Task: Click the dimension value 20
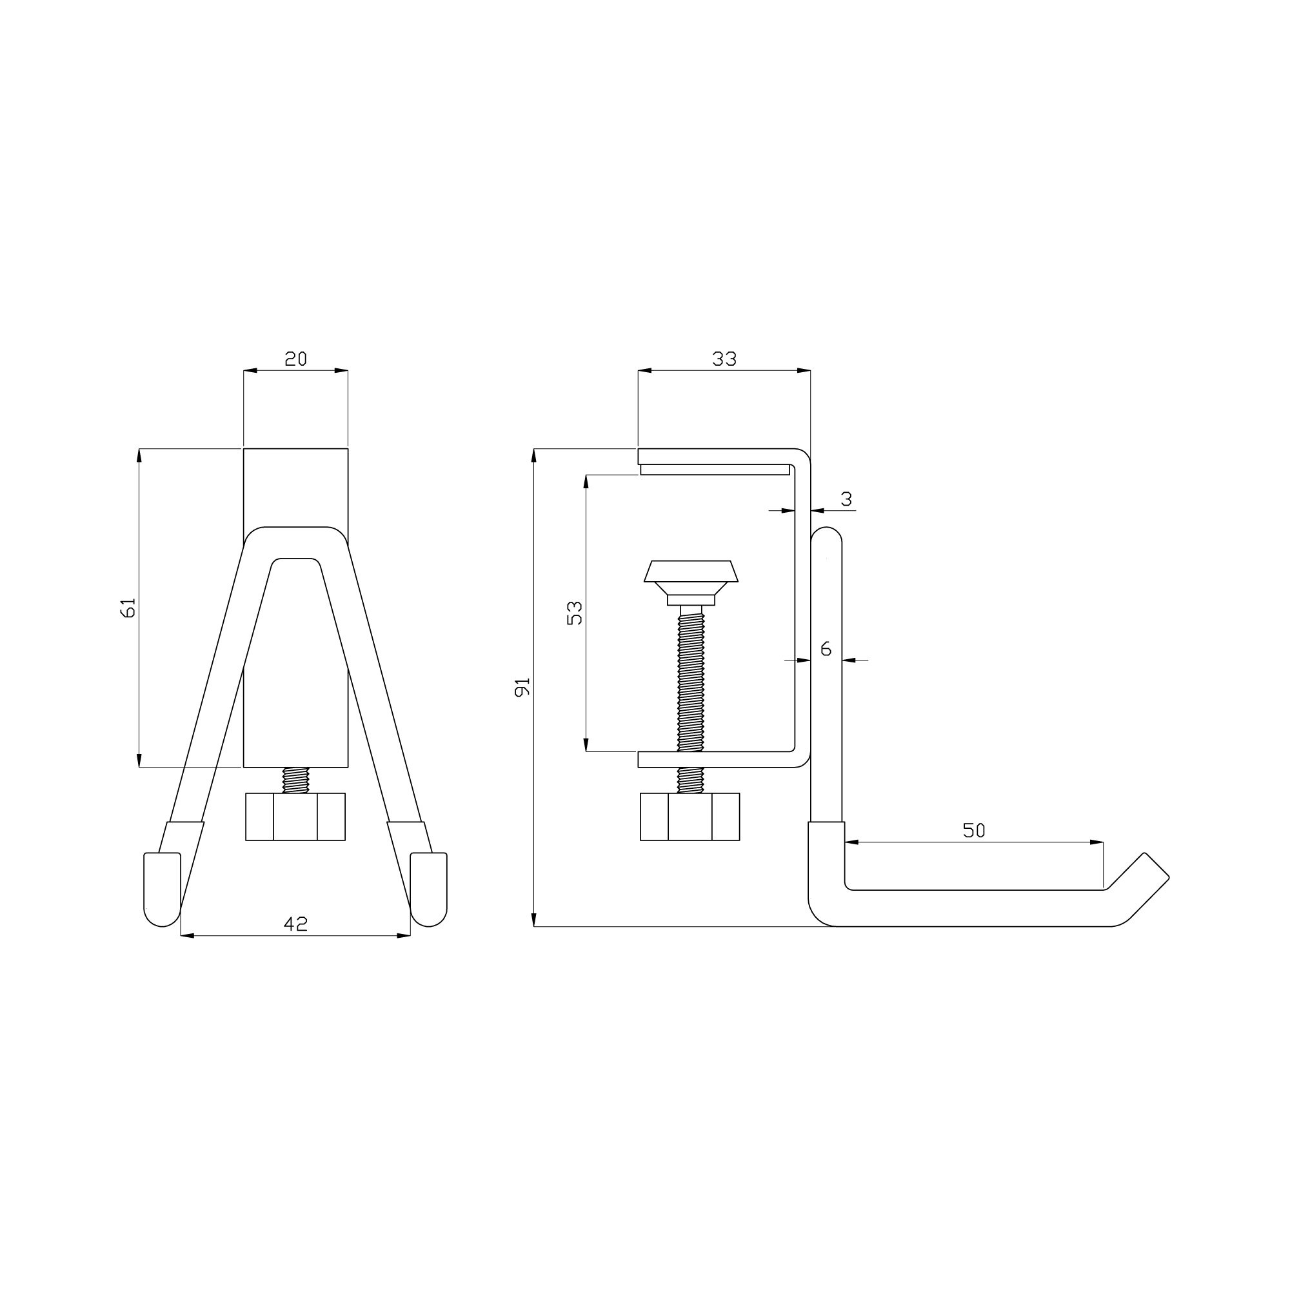(296, 359)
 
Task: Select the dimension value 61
(128, 608)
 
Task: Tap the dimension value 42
(296, 924)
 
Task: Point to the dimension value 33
(724, 359)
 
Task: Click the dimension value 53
(574, 613)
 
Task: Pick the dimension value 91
(522, 687)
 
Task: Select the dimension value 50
(974, 830)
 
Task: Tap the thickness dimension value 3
(847, 499)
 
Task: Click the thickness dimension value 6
(826, 648)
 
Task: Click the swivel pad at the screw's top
(691, 582)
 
